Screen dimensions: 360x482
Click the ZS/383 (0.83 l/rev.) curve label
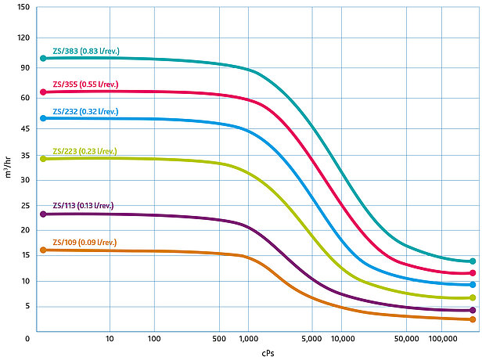tap(85, 50)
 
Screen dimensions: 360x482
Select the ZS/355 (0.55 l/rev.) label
tap(85, 84)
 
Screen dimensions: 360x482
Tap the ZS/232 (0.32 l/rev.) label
tap(85, 111)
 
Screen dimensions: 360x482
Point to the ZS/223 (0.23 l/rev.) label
tap(85, 151)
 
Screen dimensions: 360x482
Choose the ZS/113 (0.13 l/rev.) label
tap(83, 206)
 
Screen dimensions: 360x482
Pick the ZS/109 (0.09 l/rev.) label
tap(85, 243)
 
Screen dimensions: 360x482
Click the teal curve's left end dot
tap(44, 59)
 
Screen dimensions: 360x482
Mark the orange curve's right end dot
tap(473, 319)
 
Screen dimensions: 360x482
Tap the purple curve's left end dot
tap(44, 214)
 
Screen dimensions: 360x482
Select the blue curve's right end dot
tap(473, 284)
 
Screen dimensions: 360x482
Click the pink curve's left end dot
tap(44, 92)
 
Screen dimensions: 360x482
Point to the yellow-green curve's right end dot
tap(473, 297)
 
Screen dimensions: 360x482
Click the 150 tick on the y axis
tap(23, 7)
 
